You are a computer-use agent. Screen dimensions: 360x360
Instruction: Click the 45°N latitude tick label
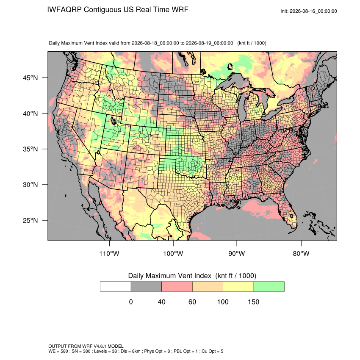(x=30, y=78)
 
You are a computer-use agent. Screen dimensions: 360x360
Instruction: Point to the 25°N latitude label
(x=30, y=220)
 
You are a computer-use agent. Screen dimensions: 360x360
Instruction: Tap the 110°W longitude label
(x=109, y=253)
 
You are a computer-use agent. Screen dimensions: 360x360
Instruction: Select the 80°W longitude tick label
(x=301, y=253)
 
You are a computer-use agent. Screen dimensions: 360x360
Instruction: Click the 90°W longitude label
(x=236, y=253)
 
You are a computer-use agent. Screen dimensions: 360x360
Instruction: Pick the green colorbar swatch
(x=269, y=287)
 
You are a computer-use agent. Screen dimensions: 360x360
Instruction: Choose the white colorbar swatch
(x=116, y=287)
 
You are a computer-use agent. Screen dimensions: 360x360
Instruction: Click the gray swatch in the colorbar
(x=146, y=287)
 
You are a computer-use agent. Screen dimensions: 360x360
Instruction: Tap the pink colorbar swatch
(x=177, y=287)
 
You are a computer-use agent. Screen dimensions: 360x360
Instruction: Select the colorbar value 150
(x=253, y=302)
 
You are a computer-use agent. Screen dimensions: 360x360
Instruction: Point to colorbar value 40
(x=162, y=302)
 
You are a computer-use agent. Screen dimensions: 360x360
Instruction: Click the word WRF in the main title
(x=180, y=10)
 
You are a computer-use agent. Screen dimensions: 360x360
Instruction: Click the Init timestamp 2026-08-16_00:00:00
(x=313, y=11)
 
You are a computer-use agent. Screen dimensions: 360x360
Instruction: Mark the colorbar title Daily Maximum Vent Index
(x=170, y=276)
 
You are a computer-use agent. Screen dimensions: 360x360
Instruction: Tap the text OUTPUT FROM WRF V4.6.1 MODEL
(x=86, y=346)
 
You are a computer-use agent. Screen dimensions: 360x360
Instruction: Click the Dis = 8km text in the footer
(x=130, y=351)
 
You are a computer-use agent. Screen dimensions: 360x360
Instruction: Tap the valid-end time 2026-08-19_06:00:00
(x=209, y=43)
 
